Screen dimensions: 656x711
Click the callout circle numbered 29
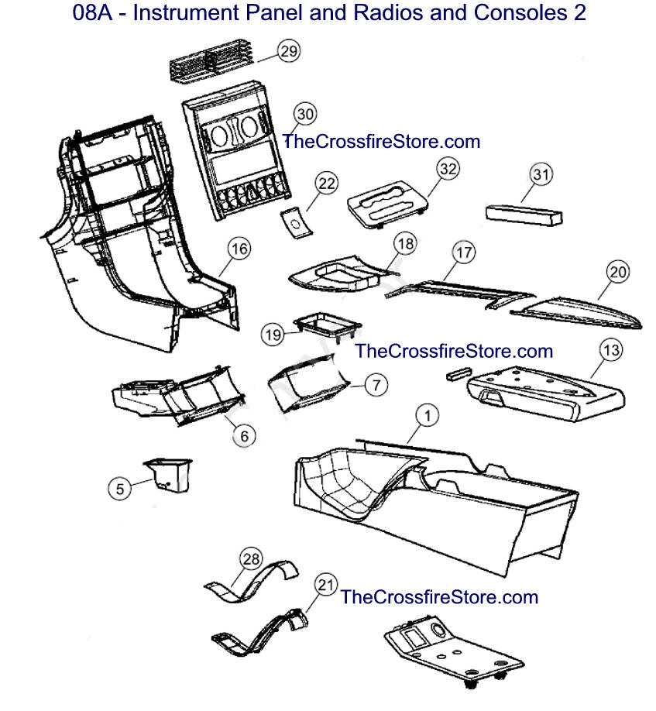tap(289, 51)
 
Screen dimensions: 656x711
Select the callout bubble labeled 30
tap(306, 114)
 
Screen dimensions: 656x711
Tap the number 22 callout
tap(327, 184)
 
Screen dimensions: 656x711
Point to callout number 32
tap(448, 169)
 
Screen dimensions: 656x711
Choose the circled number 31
tap(541, 174)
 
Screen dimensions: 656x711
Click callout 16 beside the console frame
tap(239, 249)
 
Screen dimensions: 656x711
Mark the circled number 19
tap(273, 335)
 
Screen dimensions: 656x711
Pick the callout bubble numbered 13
tap(611, 350)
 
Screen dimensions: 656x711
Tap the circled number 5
tap(120, 489)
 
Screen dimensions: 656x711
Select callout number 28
tap(251, 558)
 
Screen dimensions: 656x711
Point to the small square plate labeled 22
tap(296, 222)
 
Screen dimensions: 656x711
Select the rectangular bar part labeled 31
tap(524, 214)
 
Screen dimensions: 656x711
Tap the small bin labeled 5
tap(168, 475)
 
